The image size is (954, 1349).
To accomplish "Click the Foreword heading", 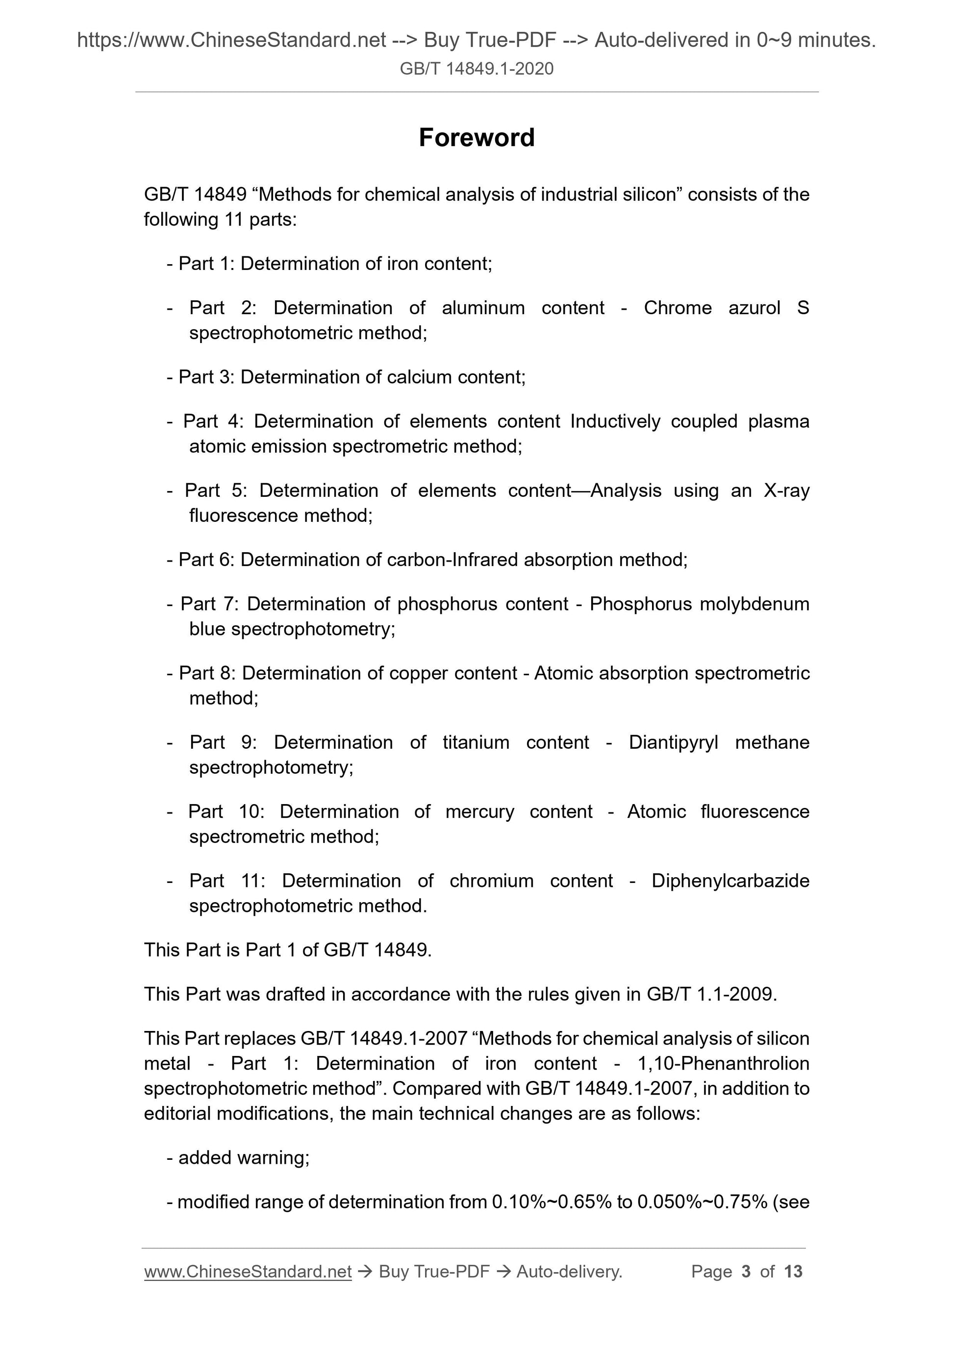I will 477,138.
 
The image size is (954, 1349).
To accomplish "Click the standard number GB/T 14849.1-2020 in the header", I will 477,69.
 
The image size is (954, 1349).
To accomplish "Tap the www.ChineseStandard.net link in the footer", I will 248,1272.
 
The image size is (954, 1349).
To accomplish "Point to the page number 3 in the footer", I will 746,1272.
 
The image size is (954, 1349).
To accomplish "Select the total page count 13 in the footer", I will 793,1272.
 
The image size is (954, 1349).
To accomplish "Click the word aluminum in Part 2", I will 483,308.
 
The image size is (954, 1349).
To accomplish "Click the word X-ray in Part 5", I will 786,491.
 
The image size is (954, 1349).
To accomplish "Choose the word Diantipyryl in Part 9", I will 674,743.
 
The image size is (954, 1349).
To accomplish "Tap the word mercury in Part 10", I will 479,812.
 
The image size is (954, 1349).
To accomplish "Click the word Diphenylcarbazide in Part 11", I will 730,881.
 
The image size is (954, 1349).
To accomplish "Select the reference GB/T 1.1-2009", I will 711,994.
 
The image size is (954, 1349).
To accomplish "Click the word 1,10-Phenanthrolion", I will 723,1063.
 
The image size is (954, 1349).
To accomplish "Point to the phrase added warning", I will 243,1157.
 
